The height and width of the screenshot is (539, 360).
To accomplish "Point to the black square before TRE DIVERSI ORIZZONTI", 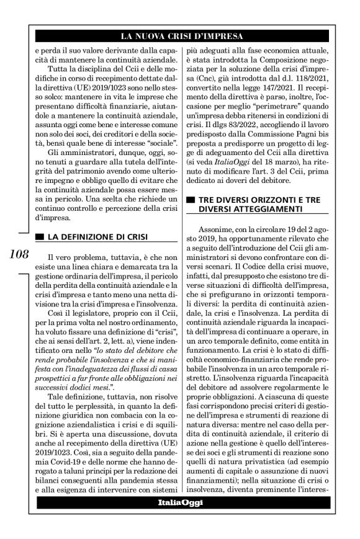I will (x=191, y=200).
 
